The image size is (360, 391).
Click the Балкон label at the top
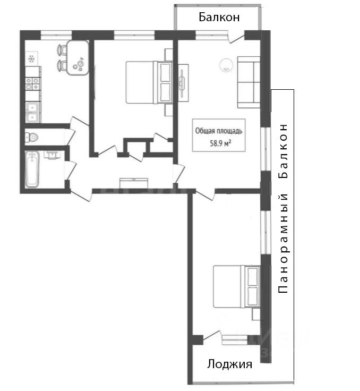[x=219, y=17]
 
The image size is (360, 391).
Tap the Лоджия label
[x=229, y=364]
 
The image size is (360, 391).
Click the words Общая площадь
[x=219, y=130]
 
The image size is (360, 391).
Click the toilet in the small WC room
[x=31, y=138]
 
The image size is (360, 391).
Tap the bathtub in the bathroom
[x=33, y=168]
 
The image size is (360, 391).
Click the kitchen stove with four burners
[x=32, y=82]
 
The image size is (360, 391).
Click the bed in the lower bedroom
[x=234, y=287]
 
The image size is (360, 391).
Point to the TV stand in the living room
[x=183, y=81]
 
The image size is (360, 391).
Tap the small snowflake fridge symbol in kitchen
[x=31, y=57]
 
